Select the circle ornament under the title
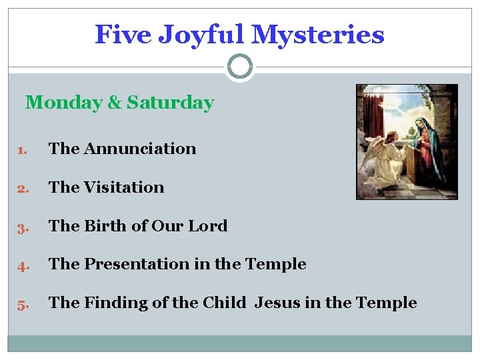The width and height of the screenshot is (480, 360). coord(239,67)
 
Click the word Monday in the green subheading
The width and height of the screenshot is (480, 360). coord(63,103)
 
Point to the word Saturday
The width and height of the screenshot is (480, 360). coord(170,103)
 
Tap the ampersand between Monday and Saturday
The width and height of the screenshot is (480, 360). coord(114,103)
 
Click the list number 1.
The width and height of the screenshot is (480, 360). coord(21,149)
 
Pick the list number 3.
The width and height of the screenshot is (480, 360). coord(21,227)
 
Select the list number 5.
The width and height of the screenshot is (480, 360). coord(21,303)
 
